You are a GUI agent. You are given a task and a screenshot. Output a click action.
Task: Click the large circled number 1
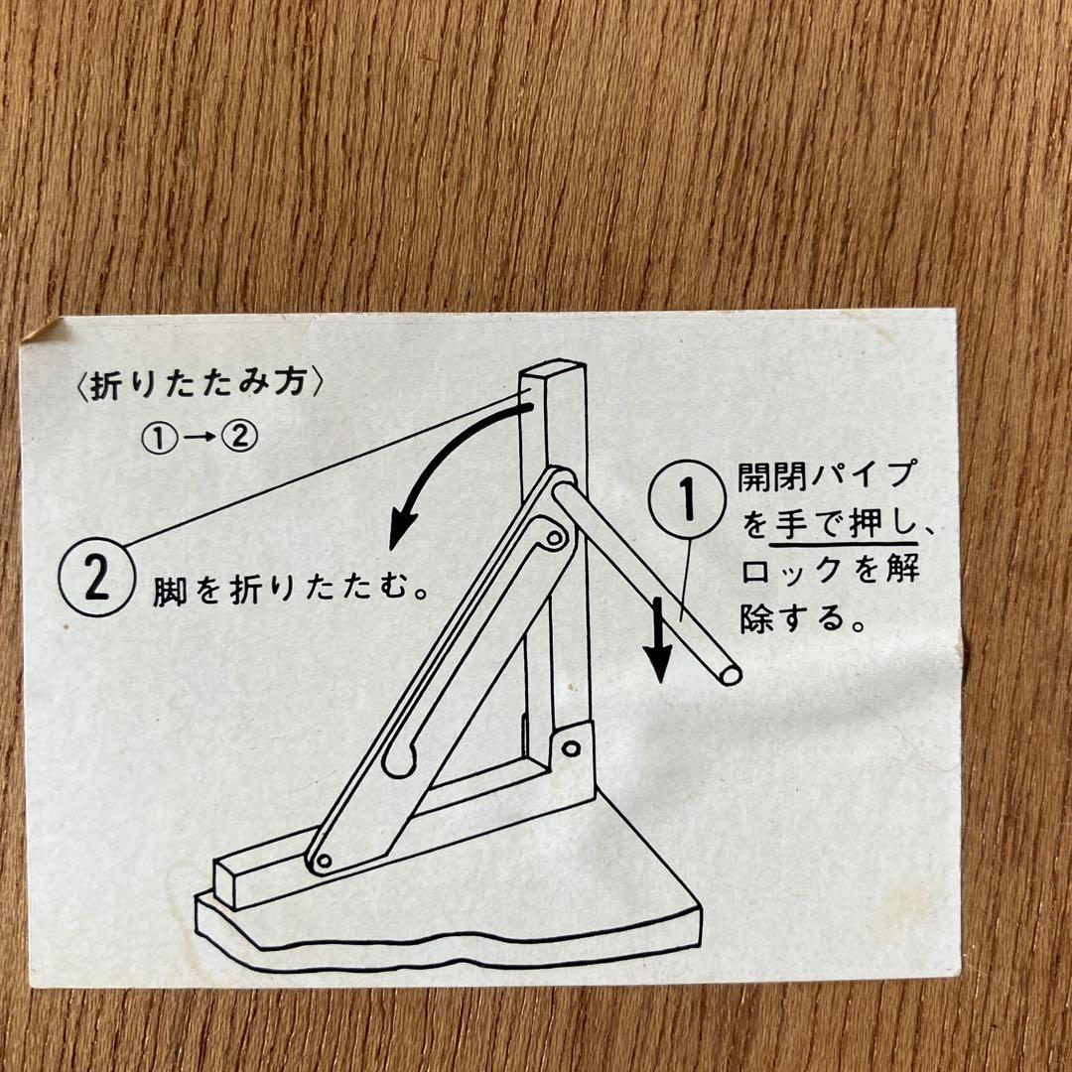(687, 499)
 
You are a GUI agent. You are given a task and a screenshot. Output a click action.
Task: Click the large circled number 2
(95, 577)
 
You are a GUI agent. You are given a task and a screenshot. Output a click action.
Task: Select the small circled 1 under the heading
(158, 438)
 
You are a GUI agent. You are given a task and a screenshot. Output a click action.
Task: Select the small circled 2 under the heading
(240, 436)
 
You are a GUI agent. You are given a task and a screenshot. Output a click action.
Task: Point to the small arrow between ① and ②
(199, 438)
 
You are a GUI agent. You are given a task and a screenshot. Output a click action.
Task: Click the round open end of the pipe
(730, 674)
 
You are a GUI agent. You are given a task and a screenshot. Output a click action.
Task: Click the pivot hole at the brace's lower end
(324, 860)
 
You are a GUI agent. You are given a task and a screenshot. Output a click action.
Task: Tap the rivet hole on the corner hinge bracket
(571, 748)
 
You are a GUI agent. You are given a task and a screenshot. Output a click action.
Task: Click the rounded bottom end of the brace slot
(399, 761)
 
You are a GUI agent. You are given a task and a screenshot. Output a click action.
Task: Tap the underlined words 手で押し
(843, 525)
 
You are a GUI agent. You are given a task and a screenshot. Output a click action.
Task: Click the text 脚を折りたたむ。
(290, 588)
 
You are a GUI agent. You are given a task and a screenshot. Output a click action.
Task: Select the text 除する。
(801, 618)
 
